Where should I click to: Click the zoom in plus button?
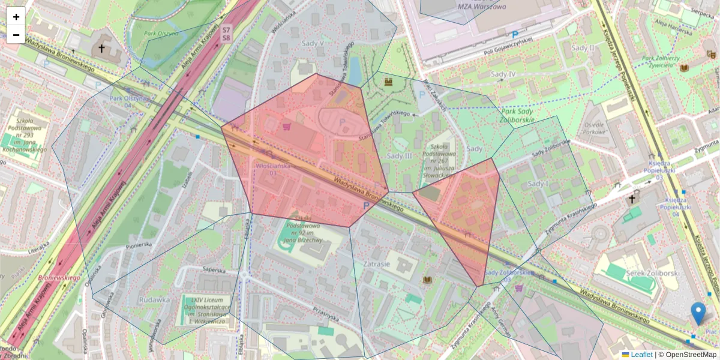16,17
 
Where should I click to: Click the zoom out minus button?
16,35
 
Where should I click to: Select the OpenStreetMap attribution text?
690,355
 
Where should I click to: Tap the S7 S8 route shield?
226,34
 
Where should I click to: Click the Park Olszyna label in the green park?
160,34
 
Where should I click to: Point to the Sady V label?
313,44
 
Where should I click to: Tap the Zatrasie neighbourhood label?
376,263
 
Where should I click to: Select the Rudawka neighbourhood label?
154,299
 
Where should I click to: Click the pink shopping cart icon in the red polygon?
287,127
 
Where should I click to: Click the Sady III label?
399,156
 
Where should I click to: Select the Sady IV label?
503,74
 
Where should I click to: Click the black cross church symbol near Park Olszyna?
101,49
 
